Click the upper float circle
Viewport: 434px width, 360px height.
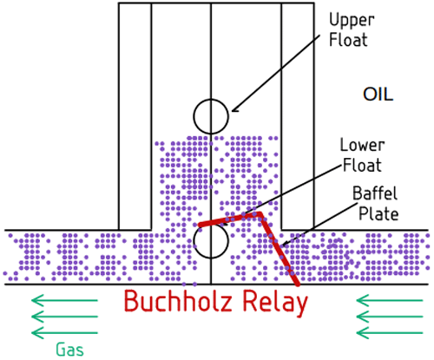pos(211,115)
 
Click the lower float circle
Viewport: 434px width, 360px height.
pos(211,241)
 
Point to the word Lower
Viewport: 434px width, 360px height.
pos(361,145)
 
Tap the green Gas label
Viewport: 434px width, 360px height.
pos(70,350)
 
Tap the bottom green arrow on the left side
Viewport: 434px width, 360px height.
pos(64,333)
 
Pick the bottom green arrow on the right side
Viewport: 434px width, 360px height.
pos(389,333)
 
